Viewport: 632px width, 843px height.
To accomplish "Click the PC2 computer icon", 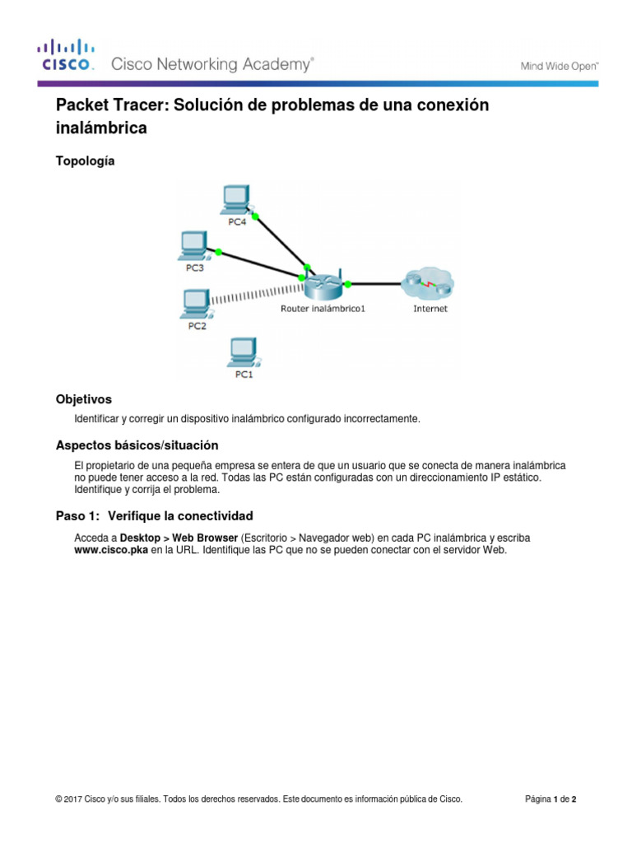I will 194,303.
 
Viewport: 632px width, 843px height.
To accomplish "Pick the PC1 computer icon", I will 243,352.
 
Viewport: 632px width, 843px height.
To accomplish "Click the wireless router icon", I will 323,285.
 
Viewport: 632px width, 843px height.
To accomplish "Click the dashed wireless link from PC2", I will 255,294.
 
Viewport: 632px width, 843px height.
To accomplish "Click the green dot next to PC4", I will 255,217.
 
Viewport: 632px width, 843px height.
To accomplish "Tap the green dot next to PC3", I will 219,251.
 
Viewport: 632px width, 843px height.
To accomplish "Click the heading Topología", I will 85,161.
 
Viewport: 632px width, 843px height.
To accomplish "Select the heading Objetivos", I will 83,398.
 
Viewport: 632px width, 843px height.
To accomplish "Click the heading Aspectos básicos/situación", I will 137,445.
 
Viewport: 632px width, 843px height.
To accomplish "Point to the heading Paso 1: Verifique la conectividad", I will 154,516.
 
